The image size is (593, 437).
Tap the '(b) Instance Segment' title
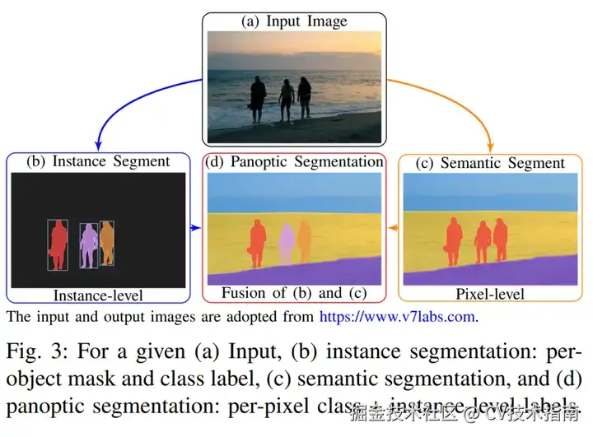(x=99, y=161)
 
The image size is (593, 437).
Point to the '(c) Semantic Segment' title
(x=492, y=163)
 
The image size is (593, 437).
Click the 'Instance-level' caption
(x=98, y=295)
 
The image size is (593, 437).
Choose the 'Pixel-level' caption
(x=491, y=294)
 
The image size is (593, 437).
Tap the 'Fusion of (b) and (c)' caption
(x=294, y=292)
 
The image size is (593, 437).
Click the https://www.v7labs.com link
(x=399, y=315)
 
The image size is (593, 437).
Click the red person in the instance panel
(x=58, y=244)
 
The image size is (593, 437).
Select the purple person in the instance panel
(x=88, y=245)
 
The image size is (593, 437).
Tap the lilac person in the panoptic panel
(x=286, y=244)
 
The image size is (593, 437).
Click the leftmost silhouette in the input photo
(x=258, y=100)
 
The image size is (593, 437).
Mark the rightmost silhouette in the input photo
(x=305, y=99)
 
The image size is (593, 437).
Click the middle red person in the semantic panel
(x=483, y=242)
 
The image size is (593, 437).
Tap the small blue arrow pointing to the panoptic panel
(x=198, y=226)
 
